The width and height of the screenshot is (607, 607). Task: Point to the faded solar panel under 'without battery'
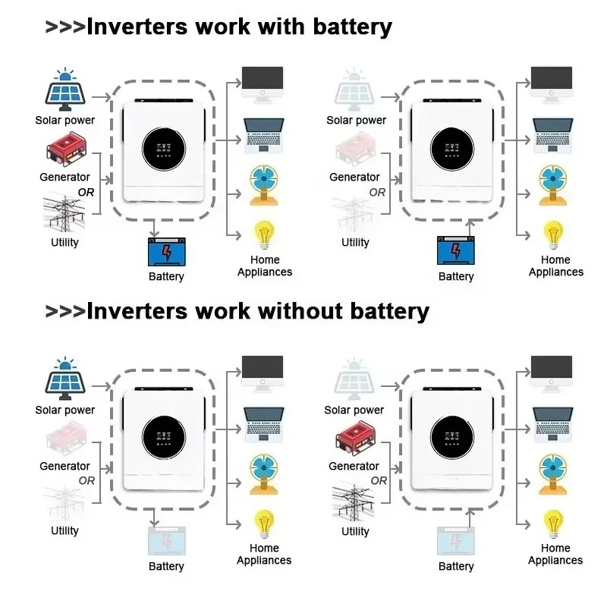click(355, 377)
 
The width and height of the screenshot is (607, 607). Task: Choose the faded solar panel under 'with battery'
click(355, 90)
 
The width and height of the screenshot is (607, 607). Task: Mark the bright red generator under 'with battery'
click(67, 151)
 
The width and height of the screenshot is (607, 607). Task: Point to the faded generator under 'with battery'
click(355, 151)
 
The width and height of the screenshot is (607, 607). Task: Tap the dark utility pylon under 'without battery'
click(354, 502)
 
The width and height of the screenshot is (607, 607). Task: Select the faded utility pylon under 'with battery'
click(354, 214)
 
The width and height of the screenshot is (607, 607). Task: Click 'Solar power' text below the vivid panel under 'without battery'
click(65, 410)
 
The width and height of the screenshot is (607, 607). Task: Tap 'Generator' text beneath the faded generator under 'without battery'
click(64, 466)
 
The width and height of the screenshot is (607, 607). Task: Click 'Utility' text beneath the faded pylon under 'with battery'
click(355, 242)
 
